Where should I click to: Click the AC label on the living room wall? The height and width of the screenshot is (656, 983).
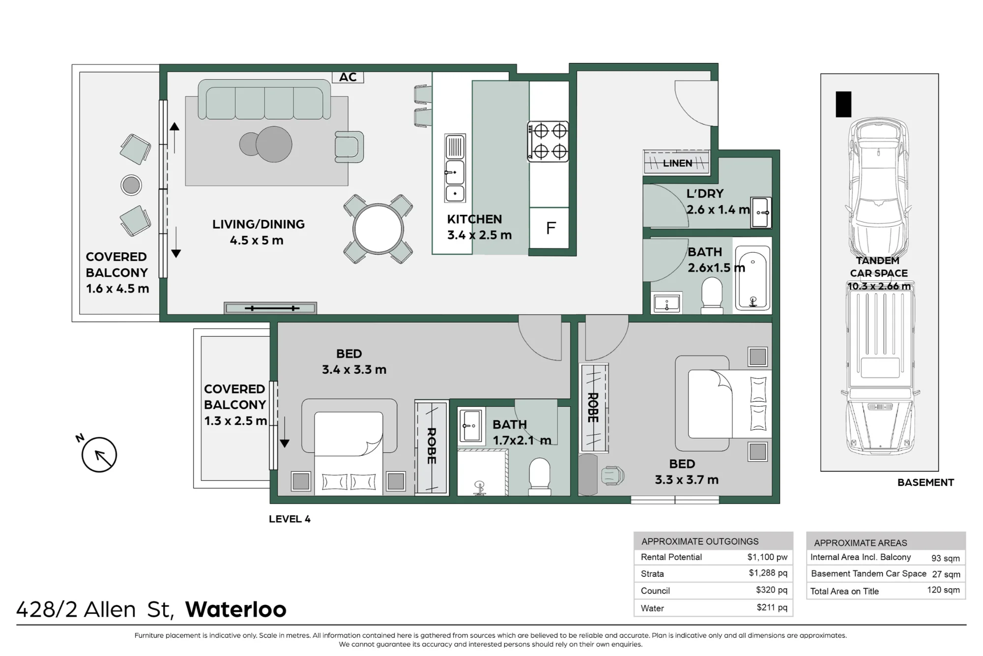347,77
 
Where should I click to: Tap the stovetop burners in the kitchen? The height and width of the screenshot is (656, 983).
549,142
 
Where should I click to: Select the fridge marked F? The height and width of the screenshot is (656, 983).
549,228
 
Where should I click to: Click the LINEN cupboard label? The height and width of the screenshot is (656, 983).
677,163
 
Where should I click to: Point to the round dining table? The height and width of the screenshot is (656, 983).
378,229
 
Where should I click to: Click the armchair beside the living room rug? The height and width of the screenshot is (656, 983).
349,147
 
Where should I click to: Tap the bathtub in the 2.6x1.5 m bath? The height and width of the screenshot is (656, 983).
752,278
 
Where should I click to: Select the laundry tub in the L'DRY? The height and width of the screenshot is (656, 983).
761,212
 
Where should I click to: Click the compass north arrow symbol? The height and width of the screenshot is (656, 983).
99,455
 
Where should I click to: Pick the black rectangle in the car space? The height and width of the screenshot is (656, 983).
843,104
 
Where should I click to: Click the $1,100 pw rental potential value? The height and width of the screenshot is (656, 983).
767,557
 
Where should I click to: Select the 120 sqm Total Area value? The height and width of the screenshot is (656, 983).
943,590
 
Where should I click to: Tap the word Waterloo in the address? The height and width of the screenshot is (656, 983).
236,609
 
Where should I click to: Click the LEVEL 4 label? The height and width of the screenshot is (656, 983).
289,519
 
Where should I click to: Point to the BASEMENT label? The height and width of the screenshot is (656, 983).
925,482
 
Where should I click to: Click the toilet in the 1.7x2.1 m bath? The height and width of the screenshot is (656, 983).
539,476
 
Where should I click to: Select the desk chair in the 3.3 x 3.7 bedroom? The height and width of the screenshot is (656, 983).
612,476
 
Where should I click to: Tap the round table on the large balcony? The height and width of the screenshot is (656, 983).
131,185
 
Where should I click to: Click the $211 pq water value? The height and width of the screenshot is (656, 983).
772,608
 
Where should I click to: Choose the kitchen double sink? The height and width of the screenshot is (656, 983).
455,168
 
